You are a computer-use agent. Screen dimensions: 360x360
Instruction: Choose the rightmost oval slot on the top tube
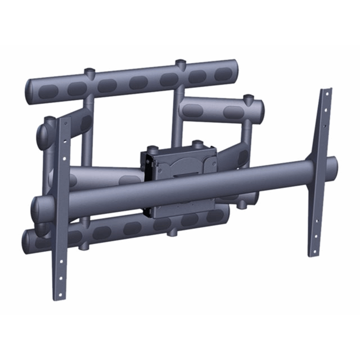click(223, 74)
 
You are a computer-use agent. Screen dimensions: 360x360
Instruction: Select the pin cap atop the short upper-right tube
click(248, 99)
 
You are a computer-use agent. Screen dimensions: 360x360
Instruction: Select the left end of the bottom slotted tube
click(26, 242)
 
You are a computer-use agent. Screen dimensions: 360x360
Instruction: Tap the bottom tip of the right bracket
click(314, 253)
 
